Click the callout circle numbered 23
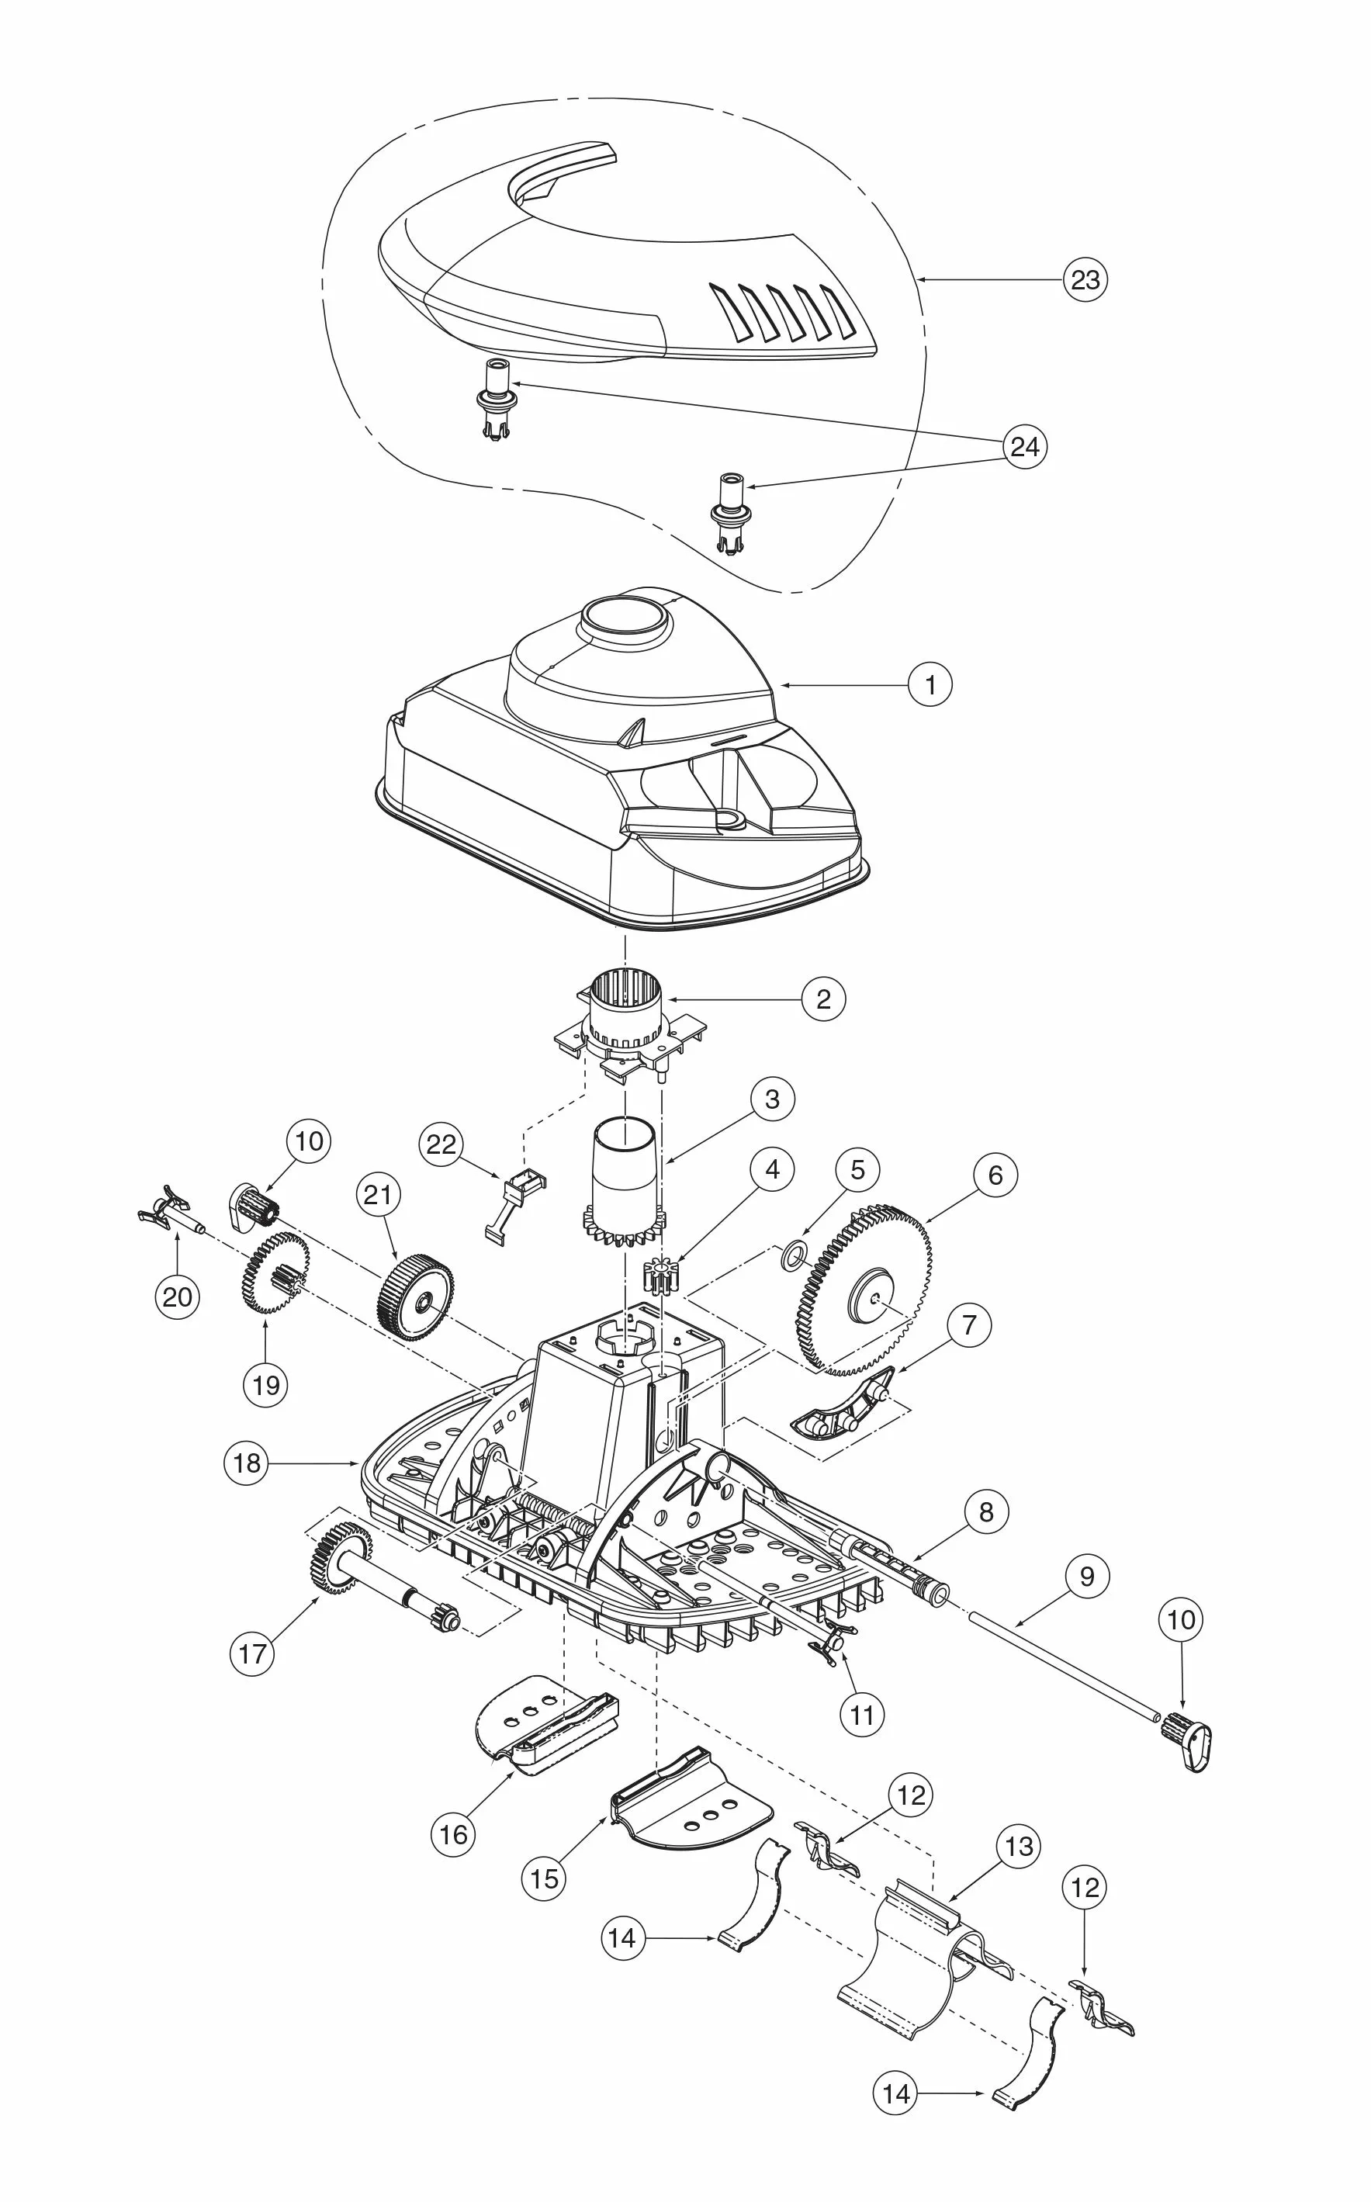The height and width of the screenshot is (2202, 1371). (1085, 280)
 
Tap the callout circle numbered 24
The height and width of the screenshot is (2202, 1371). (1025, 447)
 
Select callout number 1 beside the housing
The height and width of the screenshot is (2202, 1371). (930, 685)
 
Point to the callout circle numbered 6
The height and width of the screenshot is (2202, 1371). (995, 1175)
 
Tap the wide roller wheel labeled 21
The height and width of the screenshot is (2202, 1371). (415, 1297)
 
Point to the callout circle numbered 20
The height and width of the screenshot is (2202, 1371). (177, 1297)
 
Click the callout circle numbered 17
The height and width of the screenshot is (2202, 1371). (252, 1653)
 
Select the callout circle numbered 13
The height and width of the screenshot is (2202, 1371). (1020, 1847)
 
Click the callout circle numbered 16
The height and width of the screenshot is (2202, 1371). (453, 1834)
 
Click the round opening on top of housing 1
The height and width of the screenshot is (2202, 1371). (625, 616)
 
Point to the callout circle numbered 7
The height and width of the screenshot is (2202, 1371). (969, 1325)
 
